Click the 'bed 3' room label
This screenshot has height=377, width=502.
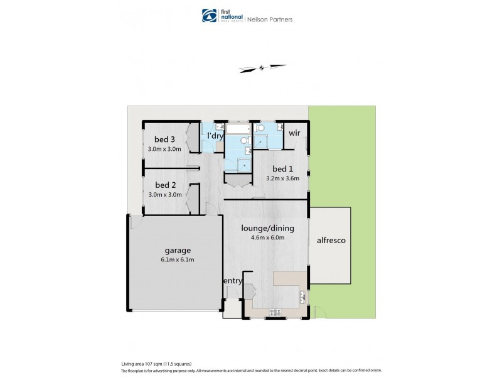tap(164, 139)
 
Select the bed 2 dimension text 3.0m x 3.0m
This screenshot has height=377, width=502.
tap(164, 195)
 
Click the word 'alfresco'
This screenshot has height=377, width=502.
tap(331, 240)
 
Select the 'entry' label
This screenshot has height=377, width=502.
tap(232, 280)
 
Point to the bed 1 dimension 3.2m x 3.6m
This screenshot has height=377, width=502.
tap(282, 178)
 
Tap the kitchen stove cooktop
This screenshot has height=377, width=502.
tap(275, 312)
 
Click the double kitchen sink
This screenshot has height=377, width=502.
tap(303, 296)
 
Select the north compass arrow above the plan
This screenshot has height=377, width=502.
tap(262, 68)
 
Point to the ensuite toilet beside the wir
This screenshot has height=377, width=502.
tap(260, 128)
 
